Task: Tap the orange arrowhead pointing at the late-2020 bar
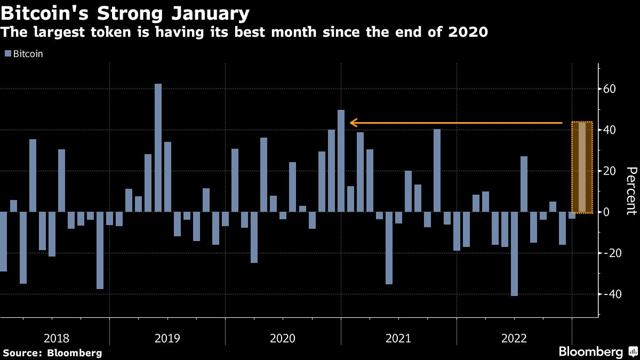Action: click(x=353, y=123)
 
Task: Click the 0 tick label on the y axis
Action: click(x=606, y=212)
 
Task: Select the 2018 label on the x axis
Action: click(x=57, y=338)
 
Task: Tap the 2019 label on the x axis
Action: click(x=167, y=338)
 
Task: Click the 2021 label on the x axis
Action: click(x=398, y=338)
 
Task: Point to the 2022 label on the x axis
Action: click(x=514, y=338)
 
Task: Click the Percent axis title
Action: click(x=631, y=190)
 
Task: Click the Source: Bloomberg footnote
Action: click(x=52, y=353)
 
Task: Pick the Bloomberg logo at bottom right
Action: click(x=597, y=352)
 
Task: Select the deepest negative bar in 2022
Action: click(x=514, y=254)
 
